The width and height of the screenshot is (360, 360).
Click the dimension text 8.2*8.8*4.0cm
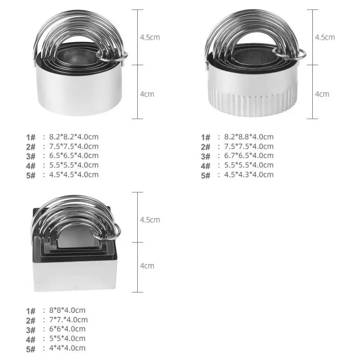pyautogui.click(x=249, y=137)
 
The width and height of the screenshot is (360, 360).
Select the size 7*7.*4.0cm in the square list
pyautogui.click(x=68, y=319)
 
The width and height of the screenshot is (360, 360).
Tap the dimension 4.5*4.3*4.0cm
pyautogui.click(x=249, y=175)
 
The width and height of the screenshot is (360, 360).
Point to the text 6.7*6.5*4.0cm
pyautogui.click(x=249, y=155)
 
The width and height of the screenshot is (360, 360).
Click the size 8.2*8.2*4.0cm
pyautogui.click(x=74, y=137)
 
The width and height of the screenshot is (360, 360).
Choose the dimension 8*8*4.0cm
pyautogui.click(x=67, y=310)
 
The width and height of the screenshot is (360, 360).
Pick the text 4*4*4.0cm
pyautogui.click(x=67, y=348)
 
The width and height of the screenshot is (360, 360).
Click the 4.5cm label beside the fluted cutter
pyautogui.click(x=325, y=37)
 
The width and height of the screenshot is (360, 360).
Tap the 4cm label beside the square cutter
pyautogui.click(x=147, y=266)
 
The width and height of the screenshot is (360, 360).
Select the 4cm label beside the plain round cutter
pyautogui.click(x=147, y=94)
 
